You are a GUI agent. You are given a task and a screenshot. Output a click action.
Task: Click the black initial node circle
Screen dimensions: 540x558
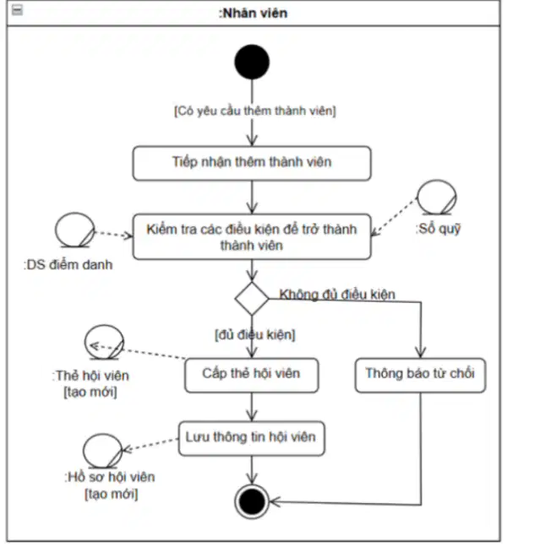tap(252, 62)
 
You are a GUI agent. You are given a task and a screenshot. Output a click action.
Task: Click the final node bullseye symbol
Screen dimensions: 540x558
tap(252, 501)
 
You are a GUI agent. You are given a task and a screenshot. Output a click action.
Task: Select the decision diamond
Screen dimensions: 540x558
tap(252, 299)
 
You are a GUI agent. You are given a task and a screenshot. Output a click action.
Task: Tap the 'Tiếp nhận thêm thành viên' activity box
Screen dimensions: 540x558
tap(252, 163)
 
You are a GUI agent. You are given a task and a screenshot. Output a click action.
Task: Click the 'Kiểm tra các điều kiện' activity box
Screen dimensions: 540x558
tap(252, 236)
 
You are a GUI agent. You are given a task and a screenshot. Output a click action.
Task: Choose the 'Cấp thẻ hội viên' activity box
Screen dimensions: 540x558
tap(252, 375)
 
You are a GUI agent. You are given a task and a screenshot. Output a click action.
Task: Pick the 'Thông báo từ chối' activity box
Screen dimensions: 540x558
tap(420, 375)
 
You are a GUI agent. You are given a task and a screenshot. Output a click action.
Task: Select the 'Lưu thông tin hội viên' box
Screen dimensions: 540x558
tap(252, 438)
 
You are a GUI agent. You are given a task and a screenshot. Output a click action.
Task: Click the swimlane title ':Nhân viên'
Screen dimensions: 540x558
tap(253, 14)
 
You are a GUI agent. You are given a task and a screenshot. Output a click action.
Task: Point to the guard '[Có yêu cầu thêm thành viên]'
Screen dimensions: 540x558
tap(254, 111)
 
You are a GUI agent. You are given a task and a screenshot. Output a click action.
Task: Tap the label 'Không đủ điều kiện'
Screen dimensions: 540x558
tap(337, 295)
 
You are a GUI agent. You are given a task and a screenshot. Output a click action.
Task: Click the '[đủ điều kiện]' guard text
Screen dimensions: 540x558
tap(255, 334)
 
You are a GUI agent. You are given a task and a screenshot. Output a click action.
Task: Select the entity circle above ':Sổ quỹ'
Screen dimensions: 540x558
tap(437, 197)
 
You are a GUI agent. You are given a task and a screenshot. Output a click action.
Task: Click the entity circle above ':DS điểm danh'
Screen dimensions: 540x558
tap(75, 230)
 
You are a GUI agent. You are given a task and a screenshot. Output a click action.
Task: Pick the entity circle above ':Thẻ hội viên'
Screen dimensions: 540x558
tap(104, 342)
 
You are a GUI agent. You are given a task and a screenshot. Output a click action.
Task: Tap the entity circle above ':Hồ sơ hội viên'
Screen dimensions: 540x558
tap(102, 451)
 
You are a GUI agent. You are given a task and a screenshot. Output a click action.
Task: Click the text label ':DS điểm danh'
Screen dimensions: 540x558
tap(68, 265)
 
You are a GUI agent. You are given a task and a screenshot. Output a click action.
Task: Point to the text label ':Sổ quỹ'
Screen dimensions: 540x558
tap(438, 229)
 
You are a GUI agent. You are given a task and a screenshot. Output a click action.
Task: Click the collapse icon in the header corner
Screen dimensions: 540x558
tap(17, 10)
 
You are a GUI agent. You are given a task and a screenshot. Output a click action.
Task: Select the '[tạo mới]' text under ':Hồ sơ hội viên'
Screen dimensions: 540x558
tap(112, 494)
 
